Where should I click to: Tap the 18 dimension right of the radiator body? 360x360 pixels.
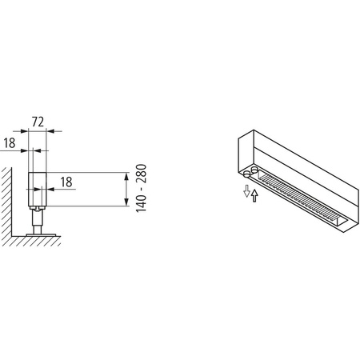click(x=66, y=182)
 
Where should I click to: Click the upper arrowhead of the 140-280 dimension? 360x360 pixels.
click(x=126, y=176)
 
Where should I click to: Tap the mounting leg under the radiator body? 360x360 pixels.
click(x=37, y=218)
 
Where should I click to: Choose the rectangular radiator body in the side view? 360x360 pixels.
click(x=37, y=189)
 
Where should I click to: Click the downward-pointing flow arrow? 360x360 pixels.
click(x=246, y=190)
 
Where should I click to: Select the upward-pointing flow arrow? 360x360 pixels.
click(x=254, y=195)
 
